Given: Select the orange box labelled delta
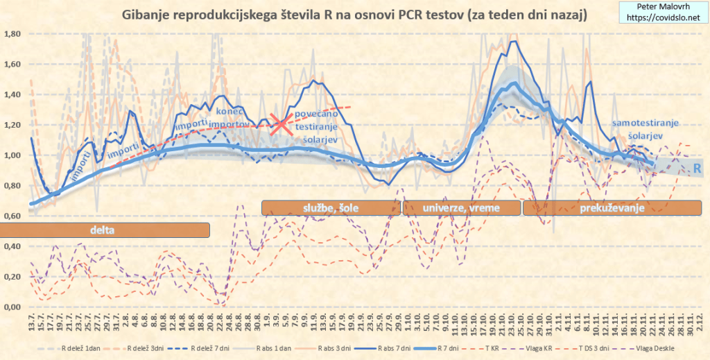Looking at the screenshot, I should pos(105,229).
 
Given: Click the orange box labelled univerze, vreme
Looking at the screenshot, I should pos(461,207).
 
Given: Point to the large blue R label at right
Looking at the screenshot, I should pos(697,168).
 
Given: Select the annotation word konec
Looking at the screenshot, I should pos(229,111).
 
